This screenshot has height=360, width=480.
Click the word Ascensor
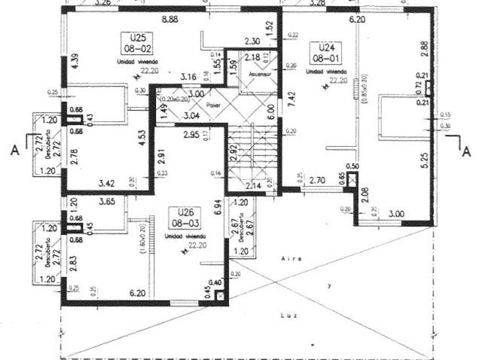click(x=259, y=74)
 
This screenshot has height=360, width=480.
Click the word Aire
click(x=289, y=259)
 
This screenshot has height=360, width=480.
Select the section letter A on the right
click(x=466, y=151)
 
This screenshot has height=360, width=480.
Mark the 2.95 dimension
click(x=192, y=135)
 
